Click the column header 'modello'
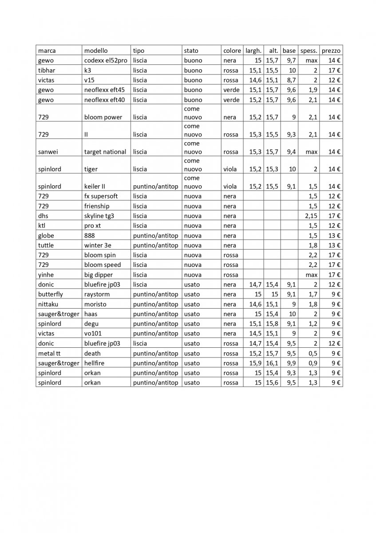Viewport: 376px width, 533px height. (x=96, y=51)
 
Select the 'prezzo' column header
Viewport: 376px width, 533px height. (x=331, y=51)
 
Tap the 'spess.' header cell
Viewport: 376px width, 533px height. (x=309, y=51)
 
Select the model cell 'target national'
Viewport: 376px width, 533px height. (x=105, y=152)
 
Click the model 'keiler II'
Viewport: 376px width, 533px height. (x=97, y=187)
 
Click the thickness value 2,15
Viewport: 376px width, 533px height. (x=311, y=216)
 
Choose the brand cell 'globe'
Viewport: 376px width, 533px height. (x=46, y=235)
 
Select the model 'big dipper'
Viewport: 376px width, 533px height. (x=99, y=275)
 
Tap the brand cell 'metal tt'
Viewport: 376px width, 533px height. (x=49, y=353)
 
